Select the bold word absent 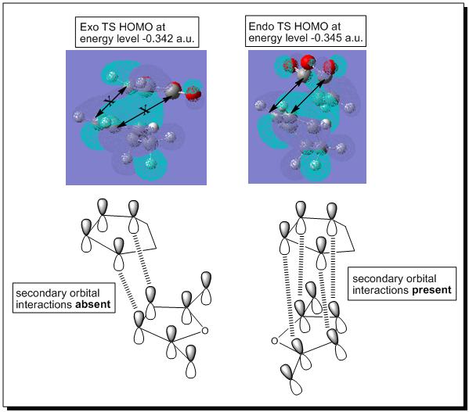click(93, 305)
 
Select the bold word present click(431, 290)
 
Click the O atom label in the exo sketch click(204, 331)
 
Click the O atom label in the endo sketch click(275, 340)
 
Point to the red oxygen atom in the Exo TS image click(193, 95)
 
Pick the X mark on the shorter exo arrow click(110, 102)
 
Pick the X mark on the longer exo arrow click(145, 111)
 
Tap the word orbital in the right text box click(420, 278)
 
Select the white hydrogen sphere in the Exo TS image click(153, 127)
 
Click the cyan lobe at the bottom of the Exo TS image click(151, 165)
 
